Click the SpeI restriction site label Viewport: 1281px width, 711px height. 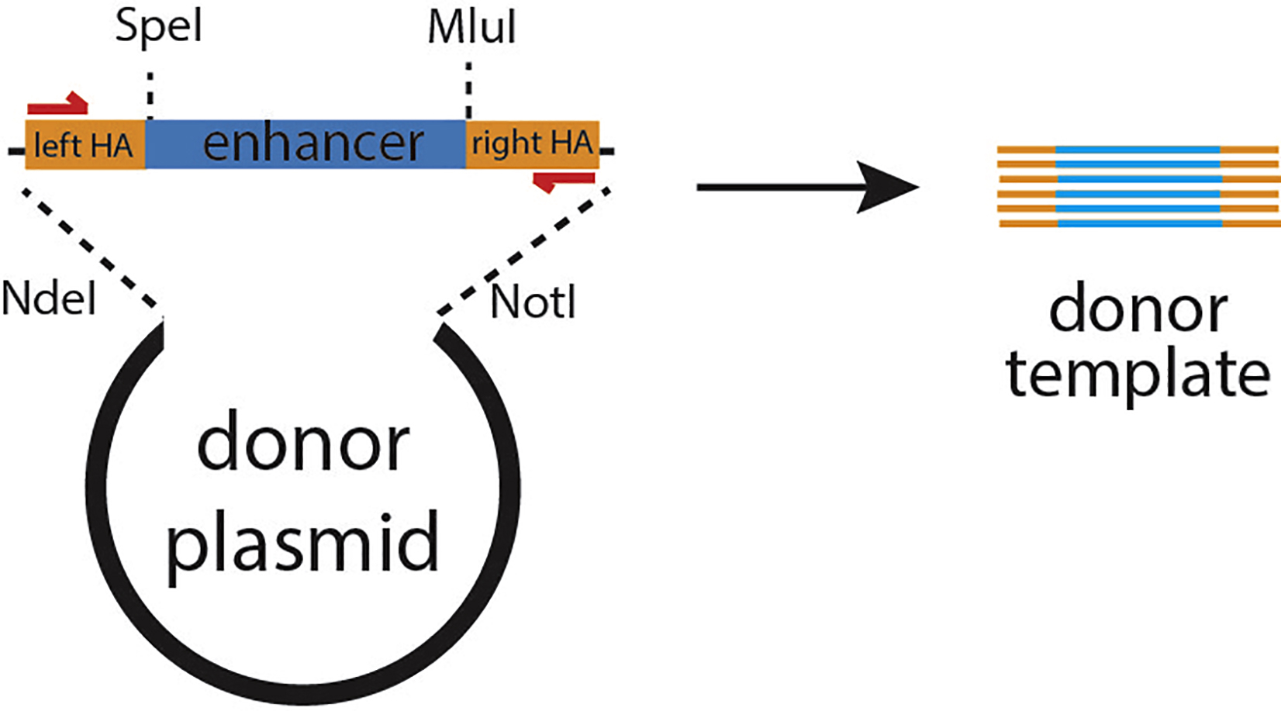[158, 28]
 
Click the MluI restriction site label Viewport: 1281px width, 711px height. [471, 28]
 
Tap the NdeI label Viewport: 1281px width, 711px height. [49, 299]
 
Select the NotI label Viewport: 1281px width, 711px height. [533, 302]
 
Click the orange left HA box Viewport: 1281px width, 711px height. [85, 145]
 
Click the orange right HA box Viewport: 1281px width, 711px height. [532, 144]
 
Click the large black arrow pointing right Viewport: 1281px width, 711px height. [806, 187]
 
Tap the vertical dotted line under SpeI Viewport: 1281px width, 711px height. [150, 95]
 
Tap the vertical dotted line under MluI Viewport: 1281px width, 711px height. [468, 91]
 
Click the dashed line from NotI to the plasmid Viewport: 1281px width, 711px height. [523, 250]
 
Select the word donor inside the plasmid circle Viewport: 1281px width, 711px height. [303, 444]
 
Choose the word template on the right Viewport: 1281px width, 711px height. [1138, 374]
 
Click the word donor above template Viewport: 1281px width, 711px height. [1138, 310]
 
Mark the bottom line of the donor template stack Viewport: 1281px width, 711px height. [1138, 224]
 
